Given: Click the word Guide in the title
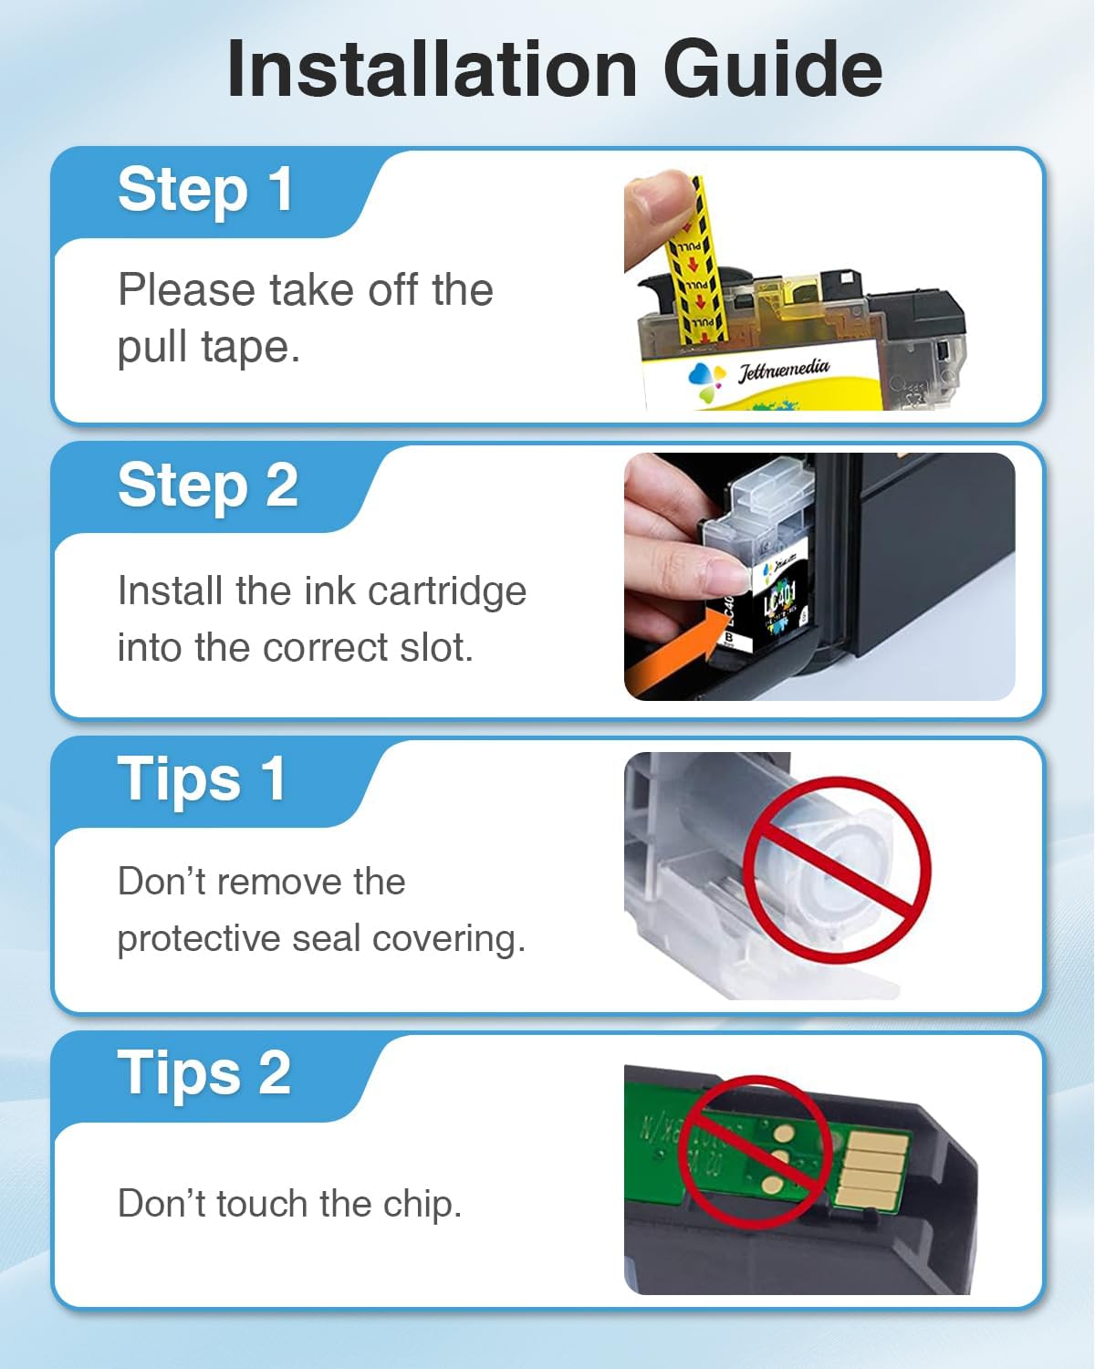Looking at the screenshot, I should tap(772, 70).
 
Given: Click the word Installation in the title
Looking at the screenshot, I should tap(432, 70).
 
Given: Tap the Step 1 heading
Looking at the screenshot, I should tap(205, 190).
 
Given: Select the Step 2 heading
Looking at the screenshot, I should tap(208, 485).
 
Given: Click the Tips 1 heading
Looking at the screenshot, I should tap(202, 779).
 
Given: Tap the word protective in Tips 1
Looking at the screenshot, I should tap(196, 939).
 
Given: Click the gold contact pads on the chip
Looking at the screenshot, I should tap(872, 1167).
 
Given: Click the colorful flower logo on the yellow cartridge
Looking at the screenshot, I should tap(706, 380).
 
